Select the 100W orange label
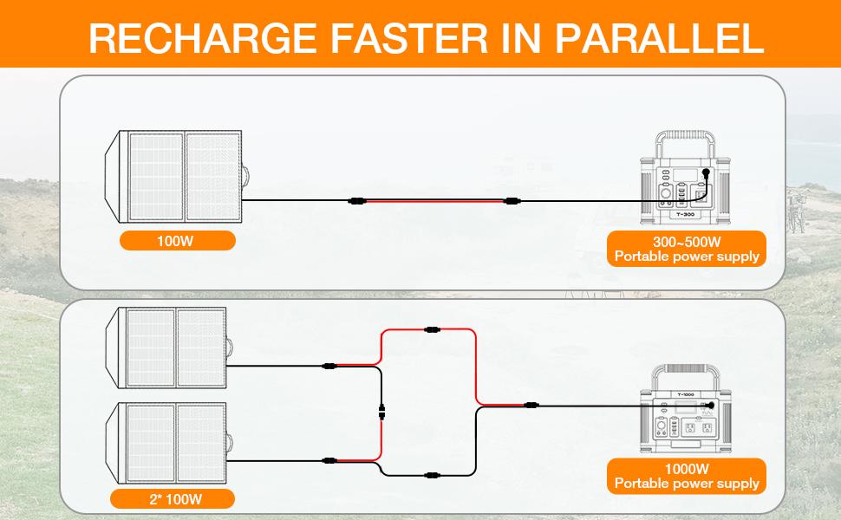(177, 241)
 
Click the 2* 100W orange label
(173, 499)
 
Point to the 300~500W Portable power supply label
(687, 249)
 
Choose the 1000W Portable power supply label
(687, 476)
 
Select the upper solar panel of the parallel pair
(169, 348)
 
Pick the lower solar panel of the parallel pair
(169, 443)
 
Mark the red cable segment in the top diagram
(434, 201)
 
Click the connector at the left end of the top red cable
(356, 201)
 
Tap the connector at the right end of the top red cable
(512, 201)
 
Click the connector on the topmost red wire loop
(432, 329)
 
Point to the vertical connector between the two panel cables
(381, 413)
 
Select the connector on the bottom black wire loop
(432, 475)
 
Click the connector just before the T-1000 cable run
(531, 406)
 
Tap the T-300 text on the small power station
(685, 214)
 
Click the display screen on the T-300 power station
(686, 174)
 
